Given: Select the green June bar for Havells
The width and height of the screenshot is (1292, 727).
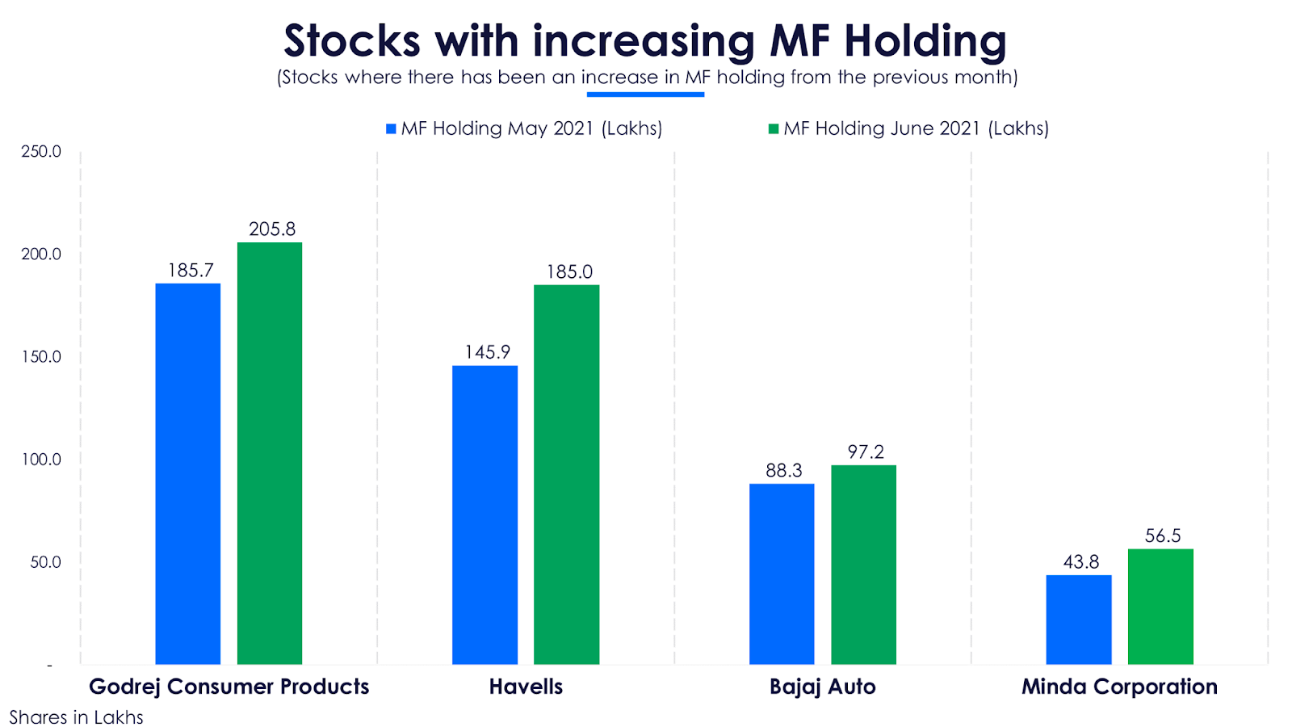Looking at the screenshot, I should click(x=566, y=474).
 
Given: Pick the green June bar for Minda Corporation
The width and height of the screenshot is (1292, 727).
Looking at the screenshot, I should click(x=1160, y=607).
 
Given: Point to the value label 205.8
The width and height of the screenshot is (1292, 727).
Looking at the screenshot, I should click(x=272, y=229).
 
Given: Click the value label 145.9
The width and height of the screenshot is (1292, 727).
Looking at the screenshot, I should click(x=487, y=352).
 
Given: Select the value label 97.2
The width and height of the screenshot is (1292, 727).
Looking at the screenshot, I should click(x=866, y=452).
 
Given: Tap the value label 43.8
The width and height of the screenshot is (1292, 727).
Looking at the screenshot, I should click(x=1080, y=562).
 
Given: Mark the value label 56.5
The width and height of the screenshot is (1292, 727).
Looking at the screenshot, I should click(x=1163, y=536).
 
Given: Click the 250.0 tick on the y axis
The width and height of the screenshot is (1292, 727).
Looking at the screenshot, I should click(x=41, y=152).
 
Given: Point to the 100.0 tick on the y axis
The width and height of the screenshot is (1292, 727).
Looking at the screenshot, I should click(x=41, y=460).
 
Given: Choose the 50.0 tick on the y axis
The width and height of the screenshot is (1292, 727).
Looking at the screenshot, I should click(x=45, y=562).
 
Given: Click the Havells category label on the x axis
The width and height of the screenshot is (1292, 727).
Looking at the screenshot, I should click(x=526, y=687).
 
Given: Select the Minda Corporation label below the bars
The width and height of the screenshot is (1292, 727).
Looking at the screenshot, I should click(x=1119, y=687).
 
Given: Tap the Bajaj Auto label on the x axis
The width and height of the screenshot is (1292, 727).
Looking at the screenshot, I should click(x=822, y=687).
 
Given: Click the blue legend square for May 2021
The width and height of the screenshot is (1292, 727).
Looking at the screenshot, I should click(x=391, y=129).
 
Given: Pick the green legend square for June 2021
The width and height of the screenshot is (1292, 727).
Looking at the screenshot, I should click(x=774, y=129).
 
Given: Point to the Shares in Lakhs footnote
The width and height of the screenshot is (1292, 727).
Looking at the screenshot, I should click(x=76, y=717).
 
